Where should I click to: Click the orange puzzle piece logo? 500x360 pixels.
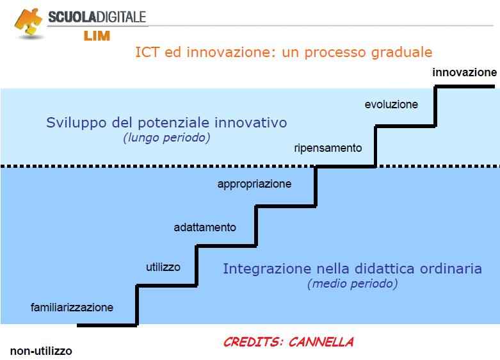[28, 22]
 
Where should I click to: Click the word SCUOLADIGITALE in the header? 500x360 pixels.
[97, 17]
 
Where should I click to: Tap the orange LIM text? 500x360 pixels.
[97, 36]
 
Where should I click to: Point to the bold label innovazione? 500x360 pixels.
[464, 72]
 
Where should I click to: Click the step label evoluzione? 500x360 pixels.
[391, 104]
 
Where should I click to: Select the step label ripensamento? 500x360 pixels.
[328, 148]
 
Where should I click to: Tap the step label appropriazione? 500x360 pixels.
[254, 184]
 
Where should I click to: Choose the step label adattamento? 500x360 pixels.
[205, 227]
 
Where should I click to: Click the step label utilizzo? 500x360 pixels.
[163, 267]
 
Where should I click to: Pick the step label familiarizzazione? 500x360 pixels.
[72, 307]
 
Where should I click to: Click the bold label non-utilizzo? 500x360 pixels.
[41, 351]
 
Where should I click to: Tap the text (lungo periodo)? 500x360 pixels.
[166, 138]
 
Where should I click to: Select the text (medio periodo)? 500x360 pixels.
[352, 284]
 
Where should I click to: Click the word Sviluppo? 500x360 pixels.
[76, 123]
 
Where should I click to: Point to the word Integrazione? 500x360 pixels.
[266, 269]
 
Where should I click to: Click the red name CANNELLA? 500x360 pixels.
[321, 342]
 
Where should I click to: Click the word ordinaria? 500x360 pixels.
[451, 269]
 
